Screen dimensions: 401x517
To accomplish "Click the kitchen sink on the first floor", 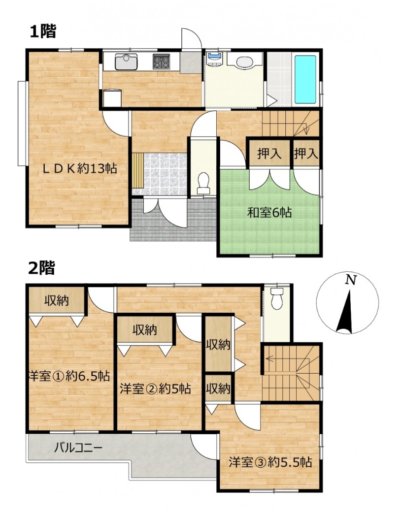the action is pyautogui.click(x=126, y=62).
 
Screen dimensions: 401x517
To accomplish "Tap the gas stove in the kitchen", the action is pyautogui.click(x=161, y=62).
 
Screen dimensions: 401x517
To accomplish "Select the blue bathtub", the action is pyautogui.click(x=305, y=79).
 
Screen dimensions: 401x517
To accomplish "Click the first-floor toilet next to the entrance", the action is pyautogui.click(x=203, y=183).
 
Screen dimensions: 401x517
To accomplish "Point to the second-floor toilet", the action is pyautogui.click(x=277, y=298).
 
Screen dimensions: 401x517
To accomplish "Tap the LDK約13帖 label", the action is pyautogui.click(x=80, y=169).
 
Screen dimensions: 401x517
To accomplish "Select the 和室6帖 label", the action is pyautogui.click(x=269, y=213).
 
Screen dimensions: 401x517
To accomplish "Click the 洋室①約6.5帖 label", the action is pyautogui.click(x=69, y=376).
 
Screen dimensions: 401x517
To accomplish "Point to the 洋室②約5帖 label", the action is pyautogui.click(x=155, y=389).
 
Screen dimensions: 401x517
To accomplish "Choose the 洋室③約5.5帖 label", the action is pyautogui.click(x=270, y=462).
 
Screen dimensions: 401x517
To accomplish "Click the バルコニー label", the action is pyautogui.click(x=78, y=448).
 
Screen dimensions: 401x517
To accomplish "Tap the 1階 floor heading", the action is pyautogui.click(x=43, y=32).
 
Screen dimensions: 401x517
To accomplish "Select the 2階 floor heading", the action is pyautogui.click(x=41, y=268).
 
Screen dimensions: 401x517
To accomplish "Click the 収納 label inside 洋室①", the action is pyautogui.click(x=57, y=300).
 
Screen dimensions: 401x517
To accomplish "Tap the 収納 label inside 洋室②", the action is pyautogui.click(x=145, y=330).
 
